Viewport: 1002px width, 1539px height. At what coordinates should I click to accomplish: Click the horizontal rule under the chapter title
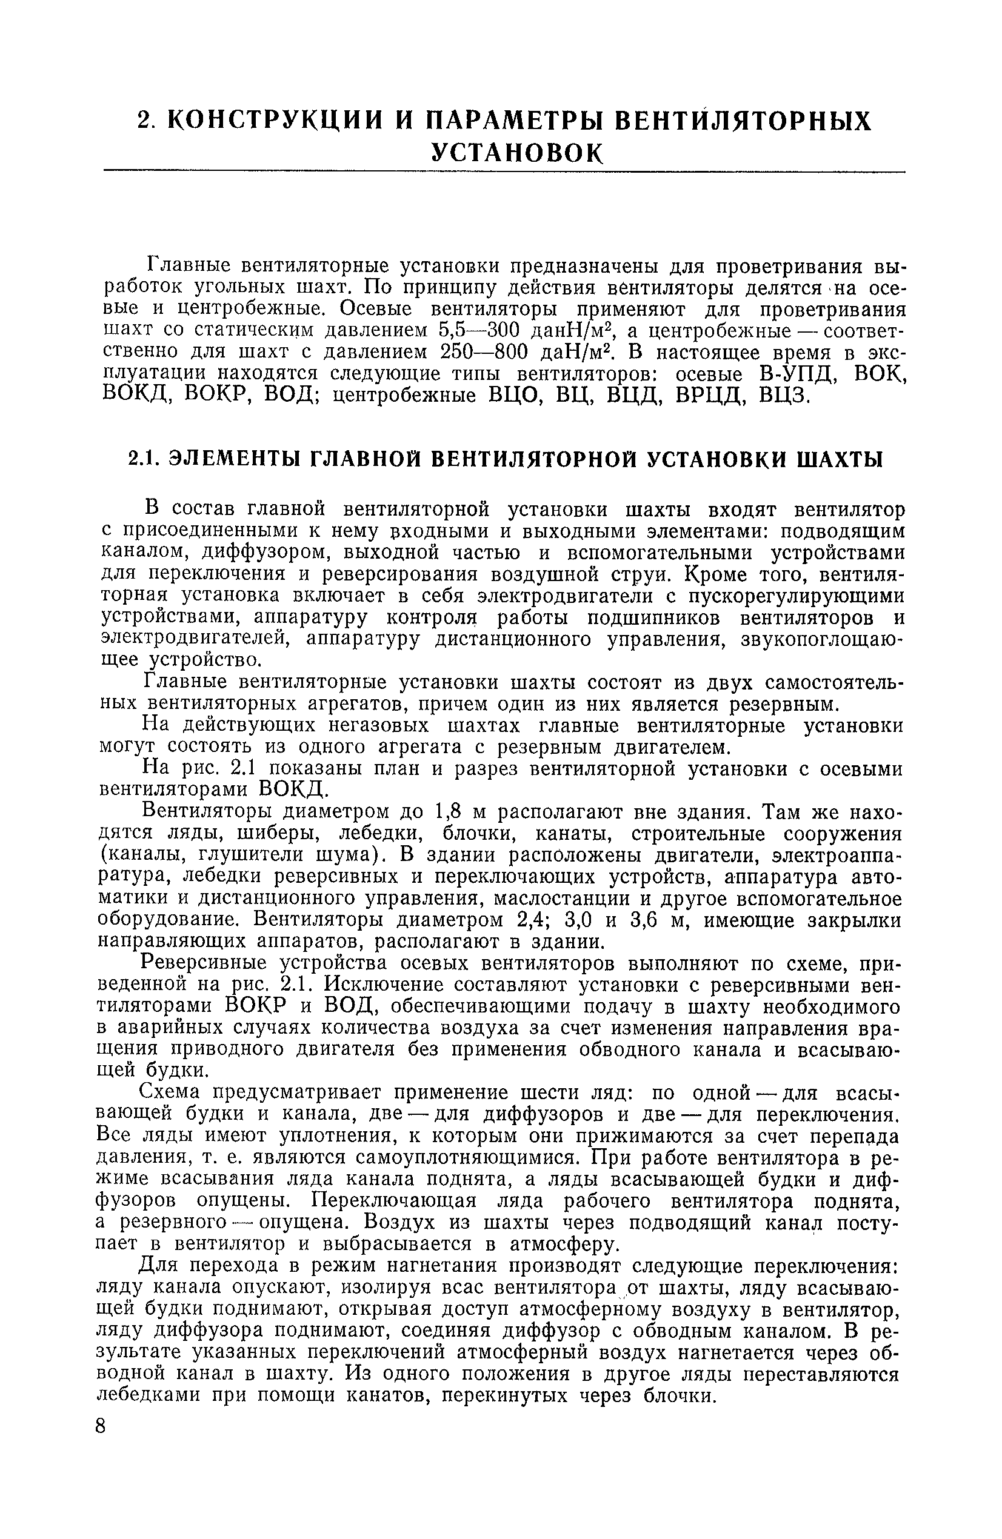point(504,171)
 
